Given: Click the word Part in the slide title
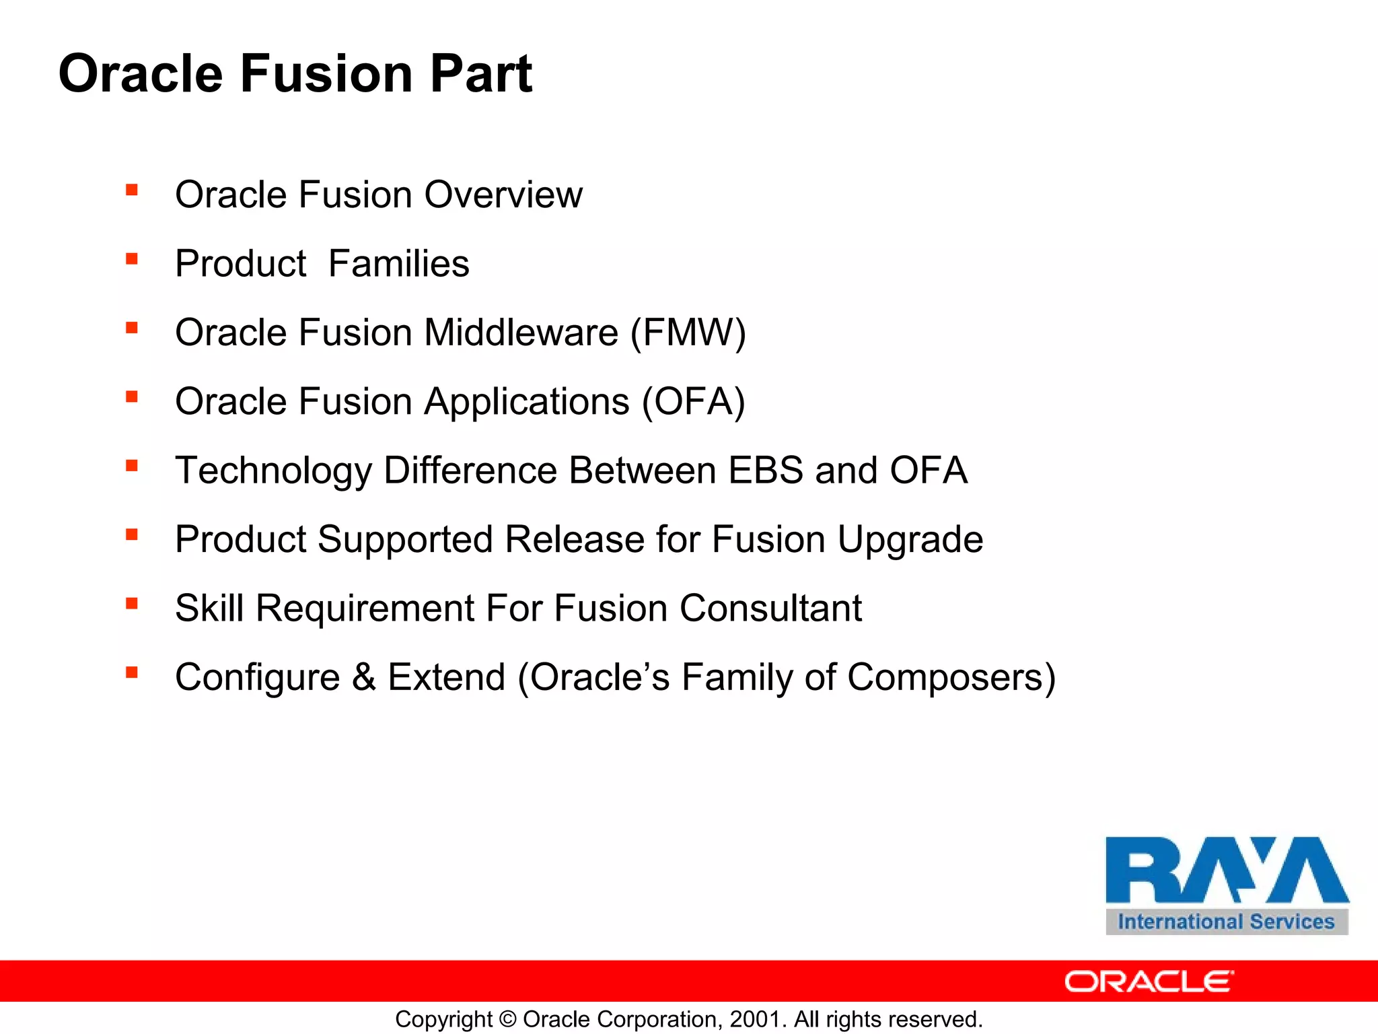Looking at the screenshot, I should coord(480,73).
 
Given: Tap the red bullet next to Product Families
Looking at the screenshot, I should coord(132,259).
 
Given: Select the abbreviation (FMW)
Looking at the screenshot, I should coord(688,333).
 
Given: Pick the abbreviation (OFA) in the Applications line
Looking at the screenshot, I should coord(693,402).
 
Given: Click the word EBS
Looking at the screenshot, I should coord(766,470).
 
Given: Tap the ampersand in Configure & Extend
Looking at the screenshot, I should coord(363,677).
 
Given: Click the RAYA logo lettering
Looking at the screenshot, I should coord(1226,870).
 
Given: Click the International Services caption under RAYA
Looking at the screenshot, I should coord(1226,922).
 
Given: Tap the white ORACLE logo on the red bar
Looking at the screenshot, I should coord(1149,981).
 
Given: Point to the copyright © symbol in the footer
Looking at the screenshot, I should coord(508,1019).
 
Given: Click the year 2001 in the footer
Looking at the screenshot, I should coord(756,1019).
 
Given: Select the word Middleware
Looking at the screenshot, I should coord(521,333).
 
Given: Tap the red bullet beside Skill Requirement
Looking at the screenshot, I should coord(132,604).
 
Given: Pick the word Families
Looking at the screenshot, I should coord(398,264).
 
